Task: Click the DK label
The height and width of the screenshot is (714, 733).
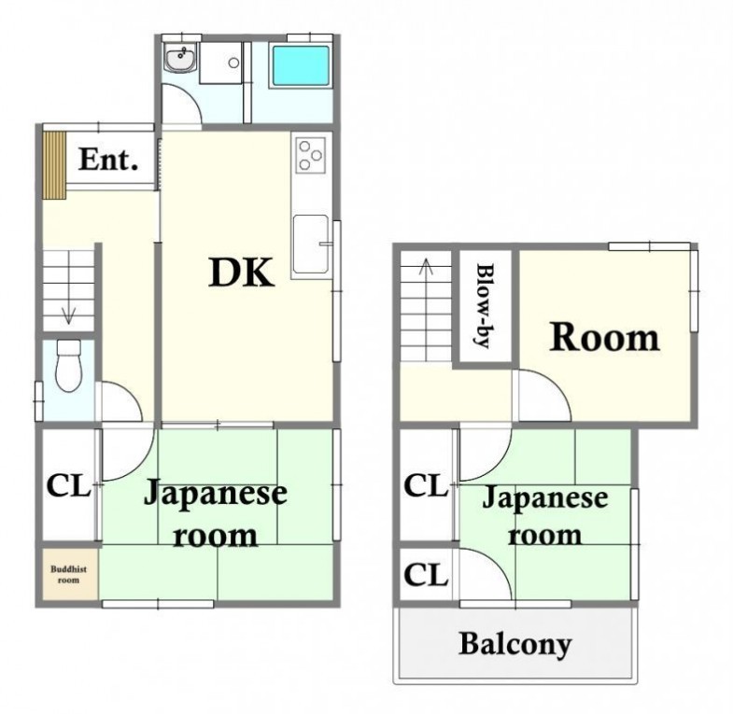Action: coord(241,273)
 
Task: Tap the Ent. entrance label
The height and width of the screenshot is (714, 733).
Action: coord(108,160)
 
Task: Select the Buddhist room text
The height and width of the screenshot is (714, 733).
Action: coord(69,575)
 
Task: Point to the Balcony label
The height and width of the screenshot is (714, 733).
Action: coord(515,645)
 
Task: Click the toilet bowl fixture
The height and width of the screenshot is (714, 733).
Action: coord(69,366)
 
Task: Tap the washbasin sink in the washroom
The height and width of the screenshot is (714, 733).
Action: coord(181,59)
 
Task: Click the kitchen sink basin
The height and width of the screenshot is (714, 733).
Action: coord(311,244)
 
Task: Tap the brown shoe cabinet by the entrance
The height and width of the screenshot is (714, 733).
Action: coord(54,165)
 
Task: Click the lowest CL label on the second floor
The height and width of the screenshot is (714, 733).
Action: coord(426,575)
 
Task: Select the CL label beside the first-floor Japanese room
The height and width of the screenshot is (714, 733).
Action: coord(68,486)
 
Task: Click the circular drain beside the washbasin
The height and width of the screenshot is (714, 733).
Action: coord(233,63)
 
